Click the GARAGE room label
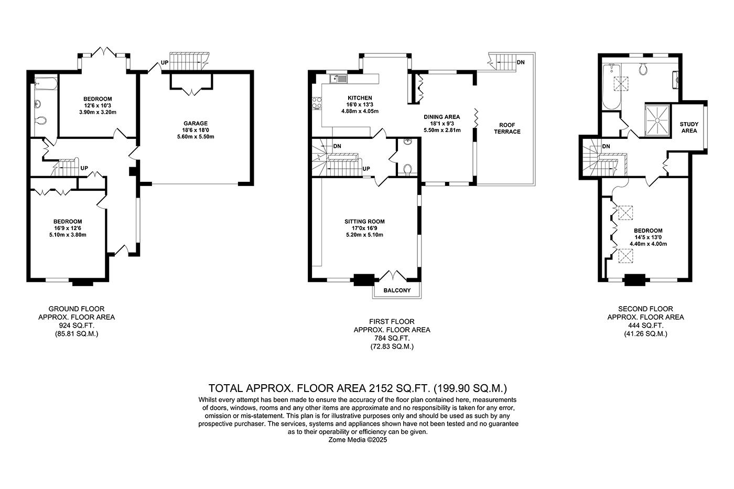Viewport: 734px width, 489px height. [x=195, y=124]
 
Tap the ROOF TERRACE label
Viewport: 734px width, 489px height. [x=507, y=128]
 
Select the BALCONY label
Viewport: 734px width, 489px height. [x=397, y=290]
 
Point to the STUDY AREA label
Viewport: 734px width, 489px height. [x=689, y=127]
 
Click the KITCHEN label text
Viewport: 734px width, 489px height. [x=360, y=98]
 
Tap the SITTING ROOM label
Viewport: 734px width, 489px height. [x=364, y=222]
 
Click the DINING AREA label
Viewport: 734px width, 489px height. [x=441, y=117]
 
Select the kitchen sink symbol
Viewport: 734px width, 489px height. [x=339, y=79]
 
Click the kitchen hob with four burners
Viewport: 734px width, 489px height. [x=317, y=103]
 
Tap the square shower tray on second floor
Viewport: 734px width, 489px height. [x=657, y=120]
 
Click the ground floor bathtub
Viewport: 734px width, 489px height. [x=46, y=83]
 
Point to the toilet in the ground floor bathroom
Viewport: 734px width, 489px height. [x=40, y=121]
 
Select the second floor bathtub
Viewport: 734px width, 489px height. [x=611, y=86]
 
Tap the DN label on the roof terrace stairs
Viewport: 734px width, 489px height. [x=520, y=62]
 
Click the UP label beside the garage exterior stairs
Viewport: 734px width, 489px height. [x=165, y=62]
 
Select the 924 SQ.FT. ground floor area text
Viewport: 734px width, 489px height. [x=77, y=325]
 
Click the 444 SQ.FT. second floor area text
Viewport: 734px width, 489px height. [x=645, y=325]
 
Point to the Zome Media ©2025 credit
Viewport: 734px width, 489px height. [x=358, y=440]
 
